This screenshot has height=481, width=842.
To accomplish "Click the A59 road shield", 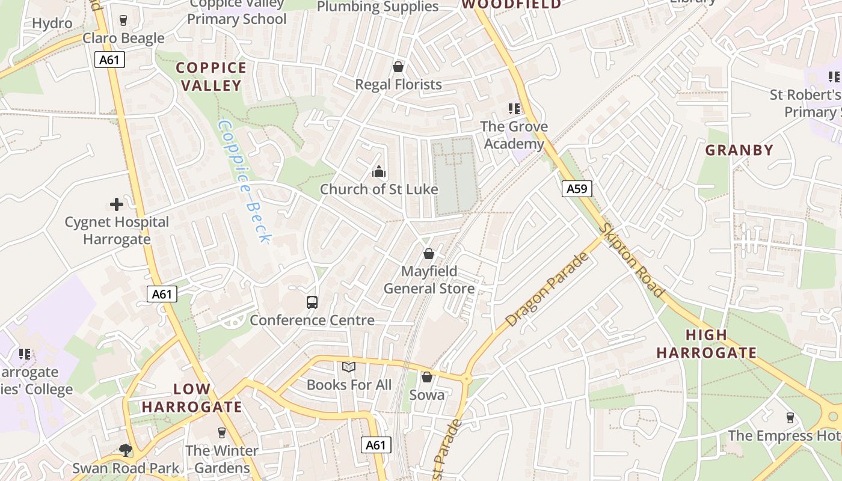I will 577,189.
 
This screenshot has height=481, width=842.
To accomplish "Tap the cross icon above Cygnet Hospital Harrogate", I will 117,204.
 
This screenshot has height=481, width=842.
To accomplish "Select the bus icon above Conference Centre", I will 312,302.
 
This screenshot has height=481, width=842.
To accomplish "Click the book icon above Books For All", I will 349,366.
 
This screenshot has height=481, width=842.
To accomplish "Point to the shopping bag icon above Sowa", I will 427,377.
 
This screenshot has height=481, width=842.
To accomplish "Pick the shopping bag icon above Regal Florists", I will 398,66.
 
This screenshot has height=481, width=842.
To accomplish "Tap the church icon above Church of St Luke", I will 379,171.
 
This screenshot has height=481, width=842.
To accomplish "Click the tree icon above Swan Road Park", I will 126,450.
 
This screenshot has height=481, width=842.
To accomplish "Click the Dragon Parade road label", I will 547,290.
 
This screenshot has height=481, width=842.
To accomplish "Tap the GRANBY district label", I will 739,150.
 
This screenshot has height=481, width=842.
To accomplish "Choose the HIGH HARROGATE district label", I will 706,344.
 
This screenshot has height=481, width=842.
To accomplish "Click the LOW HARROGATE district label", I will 192,398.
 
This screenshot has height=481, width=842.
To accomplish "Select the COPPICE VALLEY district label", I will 211,76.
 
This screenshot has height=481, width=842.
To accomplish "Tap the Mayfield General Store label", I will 429,280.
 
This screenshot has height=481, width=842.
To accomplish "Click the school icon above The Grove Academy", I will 514,109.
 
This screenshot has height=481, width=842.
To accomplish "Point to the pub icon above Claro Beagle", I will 123,20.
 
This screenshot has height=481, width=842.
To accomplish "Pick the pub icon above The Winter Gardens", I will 221,432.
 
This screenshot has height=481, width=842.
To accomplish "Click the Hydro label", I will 52,23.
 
